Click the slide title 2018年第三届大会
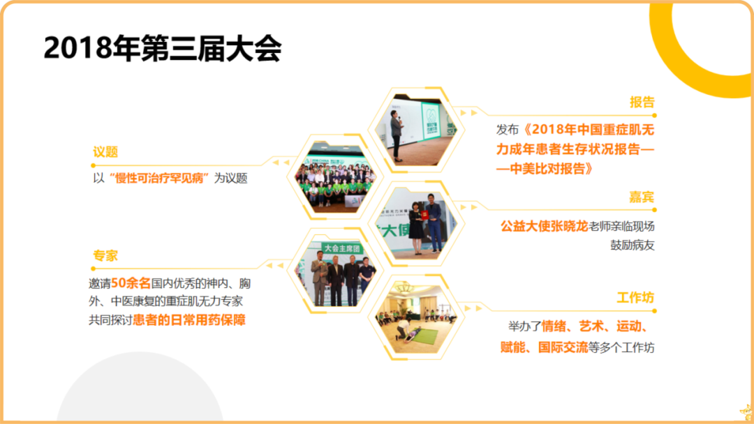tap(162, 48)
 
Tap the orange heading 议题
tap(105, 152)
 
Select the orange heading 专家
tap(105, 255)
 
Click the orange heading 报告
tap(642, 102)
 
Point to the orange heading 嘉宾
tap(642, 197)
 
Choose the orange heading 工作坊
tap(635, 298)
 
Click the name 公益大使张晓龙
tap(544, 227)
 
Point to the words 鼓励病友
tap(633, 245)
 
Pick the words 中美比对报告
tap(545, 168)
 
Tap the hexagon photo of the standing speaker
tap(413, 130)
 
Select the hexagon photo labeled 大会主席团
tap(339, 273)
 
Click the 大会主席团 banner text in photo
tap(343, 248)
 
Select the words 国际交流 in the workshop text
tap(563, 347)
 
